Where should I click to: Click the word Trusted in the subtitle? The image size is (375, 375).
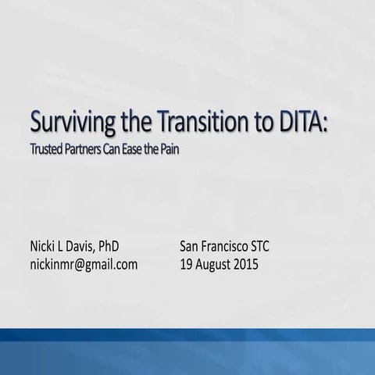tap(49, 149)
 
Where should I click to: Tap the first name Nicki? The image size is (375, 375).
tap(46, 248)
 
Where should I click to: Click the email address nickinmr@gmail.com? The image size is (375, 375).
tap(84, 264)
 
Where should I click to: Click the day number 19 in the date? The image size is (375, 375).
tap(186, 264)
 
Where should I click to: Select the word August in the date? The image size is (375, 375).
tap(216, 264)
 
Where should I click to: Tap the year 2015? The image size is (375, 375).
tap(255, 264)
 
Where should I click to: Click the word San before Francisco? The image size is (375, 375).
tap(190, 248)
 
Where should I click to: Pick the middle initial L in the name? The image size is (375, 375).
tap(70, 248)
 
